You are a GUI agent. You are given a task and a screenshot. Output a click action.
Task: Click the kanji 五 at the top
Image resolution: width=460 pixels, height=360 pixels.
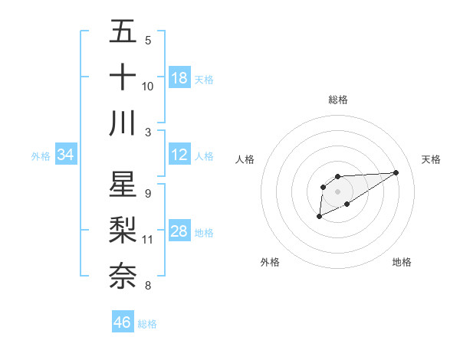pos(123,32)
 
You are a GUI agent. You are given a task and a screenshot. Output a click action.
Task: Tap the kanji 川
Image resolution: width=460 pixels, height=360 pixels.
pos(123,122)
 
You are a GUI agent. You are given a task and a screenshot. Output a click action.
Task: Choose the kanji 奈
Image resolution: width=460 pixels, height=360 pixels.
pos(123,275)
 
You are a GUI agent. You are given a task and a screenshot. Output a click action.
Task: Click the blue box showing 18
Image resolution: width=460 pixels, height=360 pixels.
pos(179,78)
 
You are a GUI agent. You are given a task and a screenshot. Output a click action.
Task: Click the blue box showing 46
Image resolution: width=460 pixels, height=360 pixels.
pos(123,322)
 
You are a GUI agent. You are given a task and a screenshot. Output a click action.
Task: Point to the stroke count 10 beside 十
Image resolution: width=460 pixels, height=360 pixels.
pos(148,86)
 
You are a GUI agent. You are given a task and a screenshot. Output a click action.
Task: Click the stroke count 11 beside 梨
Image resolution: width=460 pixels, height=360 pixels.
pos(148,240)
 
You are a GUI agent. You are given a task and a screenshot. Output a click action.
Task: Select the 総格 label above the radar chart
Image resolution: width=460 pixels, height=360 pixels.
pos(338,100)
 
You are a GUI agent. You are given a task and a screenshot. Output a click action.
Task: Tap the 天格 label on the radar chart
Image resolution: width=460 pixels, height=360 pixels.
pos(431,159)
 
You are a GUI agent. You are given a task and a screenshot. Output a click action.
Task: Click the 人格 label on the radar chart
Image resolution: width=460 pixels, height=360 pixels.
pos(245,159)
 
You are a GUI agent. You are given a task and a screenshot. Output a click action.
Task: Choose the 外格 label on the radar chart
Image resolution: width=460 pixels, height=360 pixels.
pos(270,262)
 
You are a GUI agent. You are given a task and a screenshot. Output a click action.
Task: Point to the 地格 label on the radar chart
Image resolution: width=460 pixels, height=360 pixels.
pos(402,262)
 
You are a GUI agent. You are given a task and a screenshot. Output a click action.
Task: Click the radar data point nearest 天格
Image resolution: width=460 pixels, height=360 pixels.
pos(396,172)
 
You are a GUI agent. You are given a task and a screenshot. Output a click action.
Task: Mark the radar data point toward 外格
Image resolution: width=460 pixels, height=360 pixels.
pos(319,218)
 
